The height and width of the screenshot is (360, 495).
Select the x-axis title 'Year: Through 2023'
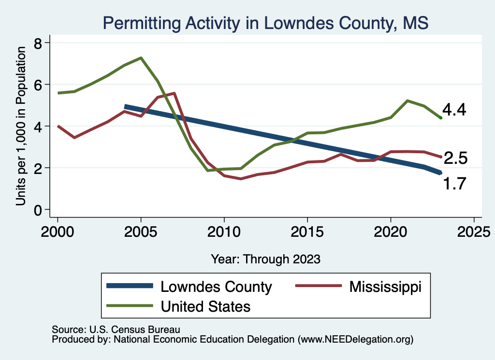pyautogui.click(x=265, y=259)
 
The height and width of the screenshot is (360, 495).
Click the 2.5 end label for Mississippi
pyautogui.click(x=454, y=158)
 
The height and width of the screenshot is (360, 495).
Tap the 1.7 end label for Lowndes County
pyautogui.click(x=454, y=184)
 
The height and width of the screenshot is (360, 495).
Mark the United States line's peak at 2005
pyautogui.click(x=141, y=58)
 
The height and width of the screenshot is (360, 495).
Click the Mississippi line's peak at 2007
pyautogui.click(x=174, y=93)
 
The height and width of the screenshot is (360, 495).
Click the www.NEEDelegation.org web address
pyautogui.click(x=356, y=339)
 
